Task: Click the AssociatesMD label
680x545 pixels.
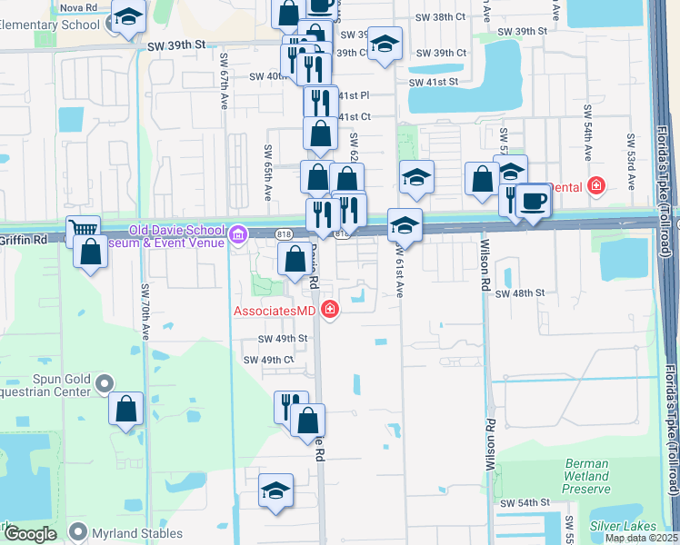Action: [272, 311]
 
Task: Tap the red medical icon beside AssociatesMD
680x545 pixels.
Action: [329, 311]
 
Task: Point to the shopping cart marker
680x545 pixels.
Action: [83, 231]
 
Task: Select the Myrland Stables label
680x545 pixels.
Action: [138, 533]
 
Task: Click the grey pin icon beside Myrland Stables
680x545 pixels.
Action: [81, 533]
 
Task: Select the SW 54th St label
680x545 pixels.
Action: [525, 502]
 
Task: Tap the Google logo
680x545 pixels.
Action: [30, 534]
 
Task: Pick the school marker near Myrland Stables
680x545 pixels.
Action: [275, 490]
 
